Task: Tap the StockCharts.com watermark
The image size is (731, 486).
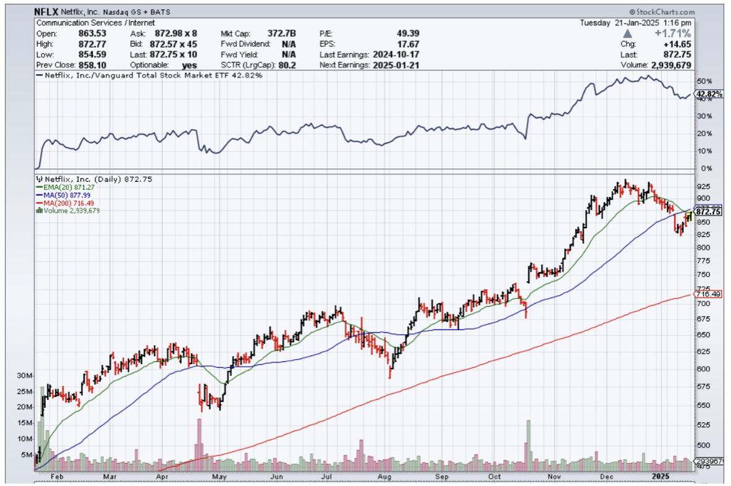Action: point(662,12)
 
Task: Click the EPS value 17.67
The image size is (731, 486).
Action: point(410,44)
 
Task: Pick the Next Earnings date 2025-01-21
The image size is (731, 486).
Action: point(396,65)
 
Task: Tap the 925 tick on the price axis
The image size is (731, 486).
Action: point(703,187)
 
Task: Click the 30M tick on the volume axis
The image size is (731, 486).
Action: point(25,375)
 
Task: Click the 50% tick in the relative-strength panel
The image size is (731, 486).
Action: point(704,82)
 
